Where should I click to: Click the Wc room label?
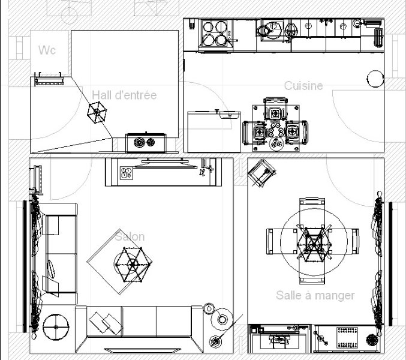(x=47, y=50)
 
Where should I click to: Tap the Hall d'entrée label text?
(x=124, y=95)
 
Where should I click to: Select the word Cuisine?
(x=303, y=86)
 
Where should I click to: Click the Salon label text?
(x=130, y=236)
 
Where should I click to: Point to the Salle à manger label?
(x=315, y=295)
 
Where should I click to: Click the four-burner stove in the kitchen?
(x=215, y=34)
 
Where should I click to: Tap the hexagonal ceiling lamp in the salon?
(x=133, y=265)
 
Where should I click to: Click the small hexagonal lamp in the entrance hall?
(x=97, y=112)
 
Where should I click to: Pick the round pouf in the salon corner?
(x=56, y=327)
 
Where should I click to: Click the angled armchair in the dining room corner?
(x=261, y=173)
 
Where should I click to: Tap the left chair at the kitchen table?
(x=254, y=133)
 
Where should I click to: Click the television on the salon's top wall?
(x=165, y=164)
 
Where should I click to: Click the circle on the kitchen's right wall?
(x=375, y=79)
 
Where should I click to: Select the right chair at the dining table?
(x=344, y=241)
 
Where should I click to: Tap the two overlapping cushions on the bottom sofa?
(x=106, y=323)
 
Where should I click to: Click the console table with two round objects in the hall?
(x=146, y=143)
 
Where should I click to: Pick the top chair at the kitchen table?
(x=275, y=110)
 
